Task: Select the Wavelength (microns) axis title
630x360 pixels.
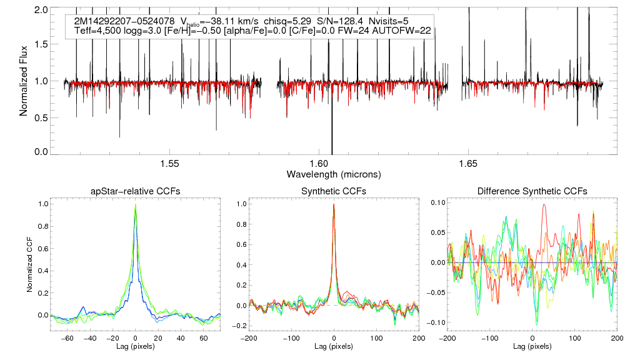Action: coord(333,174)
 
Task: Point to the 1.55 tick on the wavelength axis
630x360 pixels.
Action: coord(169,164)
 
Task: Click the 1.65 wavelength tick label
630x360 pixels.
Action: coord(468,164)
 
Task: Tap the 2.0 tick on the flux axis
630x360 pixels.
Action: coord(42,11)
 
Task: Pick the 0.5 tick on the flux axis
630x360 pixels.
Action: coord(42,116)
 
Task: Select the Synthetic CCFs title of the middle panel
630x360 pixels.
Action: coord(333,191)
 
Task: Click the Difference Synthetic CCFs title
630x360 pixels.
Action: coord(532,191)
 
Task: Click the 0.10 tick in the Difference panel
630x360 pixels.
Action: coord(434,204)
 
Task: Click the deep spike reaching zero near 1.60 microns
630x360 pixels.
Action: coord(331,144)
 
